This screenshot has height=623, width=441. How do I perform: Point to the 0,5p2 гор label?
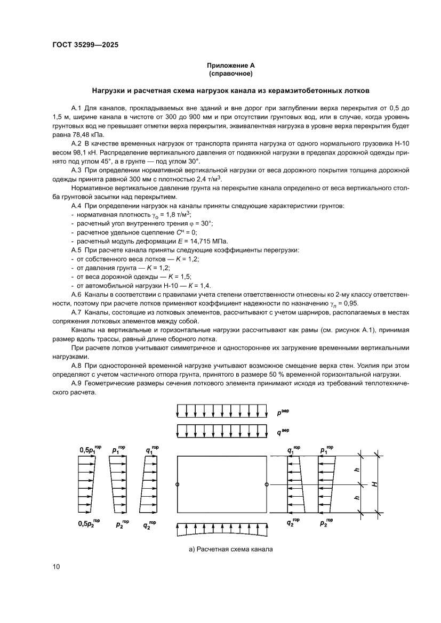(x=89, y=524)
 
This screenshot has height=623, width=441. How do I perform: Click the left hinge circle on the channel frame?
(x=177, y=484)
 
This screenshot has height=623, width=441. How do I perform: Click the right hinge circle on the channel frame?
(x=266, y=484)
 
